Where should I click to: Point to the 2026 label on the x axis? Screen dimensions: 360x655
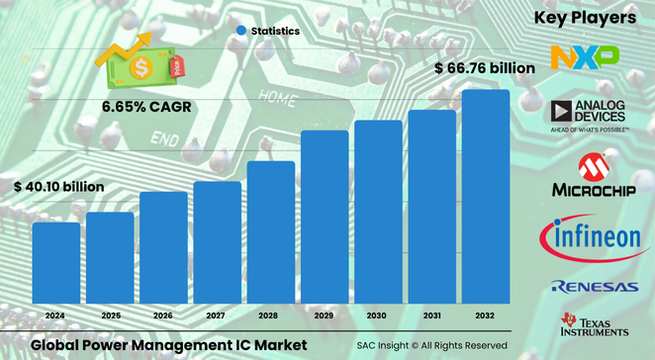pos(163,315)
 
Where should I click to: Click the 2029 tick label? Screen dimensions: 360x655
pos(325,315)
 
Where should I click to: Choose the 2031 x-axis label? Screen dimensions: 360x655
pos(432,315)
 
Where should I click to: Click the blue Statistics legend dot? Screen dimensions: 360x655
pos(240,32)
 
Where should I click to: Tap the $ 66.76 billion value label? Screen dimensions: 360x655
pos(485,68)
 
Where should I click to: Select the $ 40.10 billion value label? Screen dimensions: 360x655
pos(58,186)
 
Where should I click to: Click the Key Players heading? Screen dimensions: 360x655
pos(585,18)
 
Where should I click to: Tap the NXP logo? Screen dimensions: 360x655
pos(585,56)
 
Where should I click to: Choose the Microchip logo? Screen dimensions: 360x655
pos(590,176)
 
